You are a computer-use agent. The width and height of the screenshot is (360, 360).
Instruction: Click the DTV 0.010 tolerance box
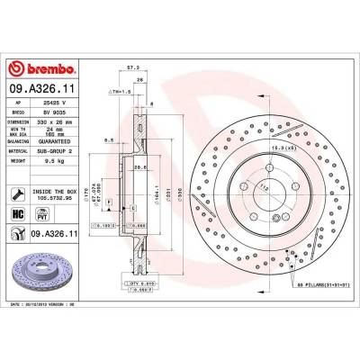[x=140, y=283]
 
